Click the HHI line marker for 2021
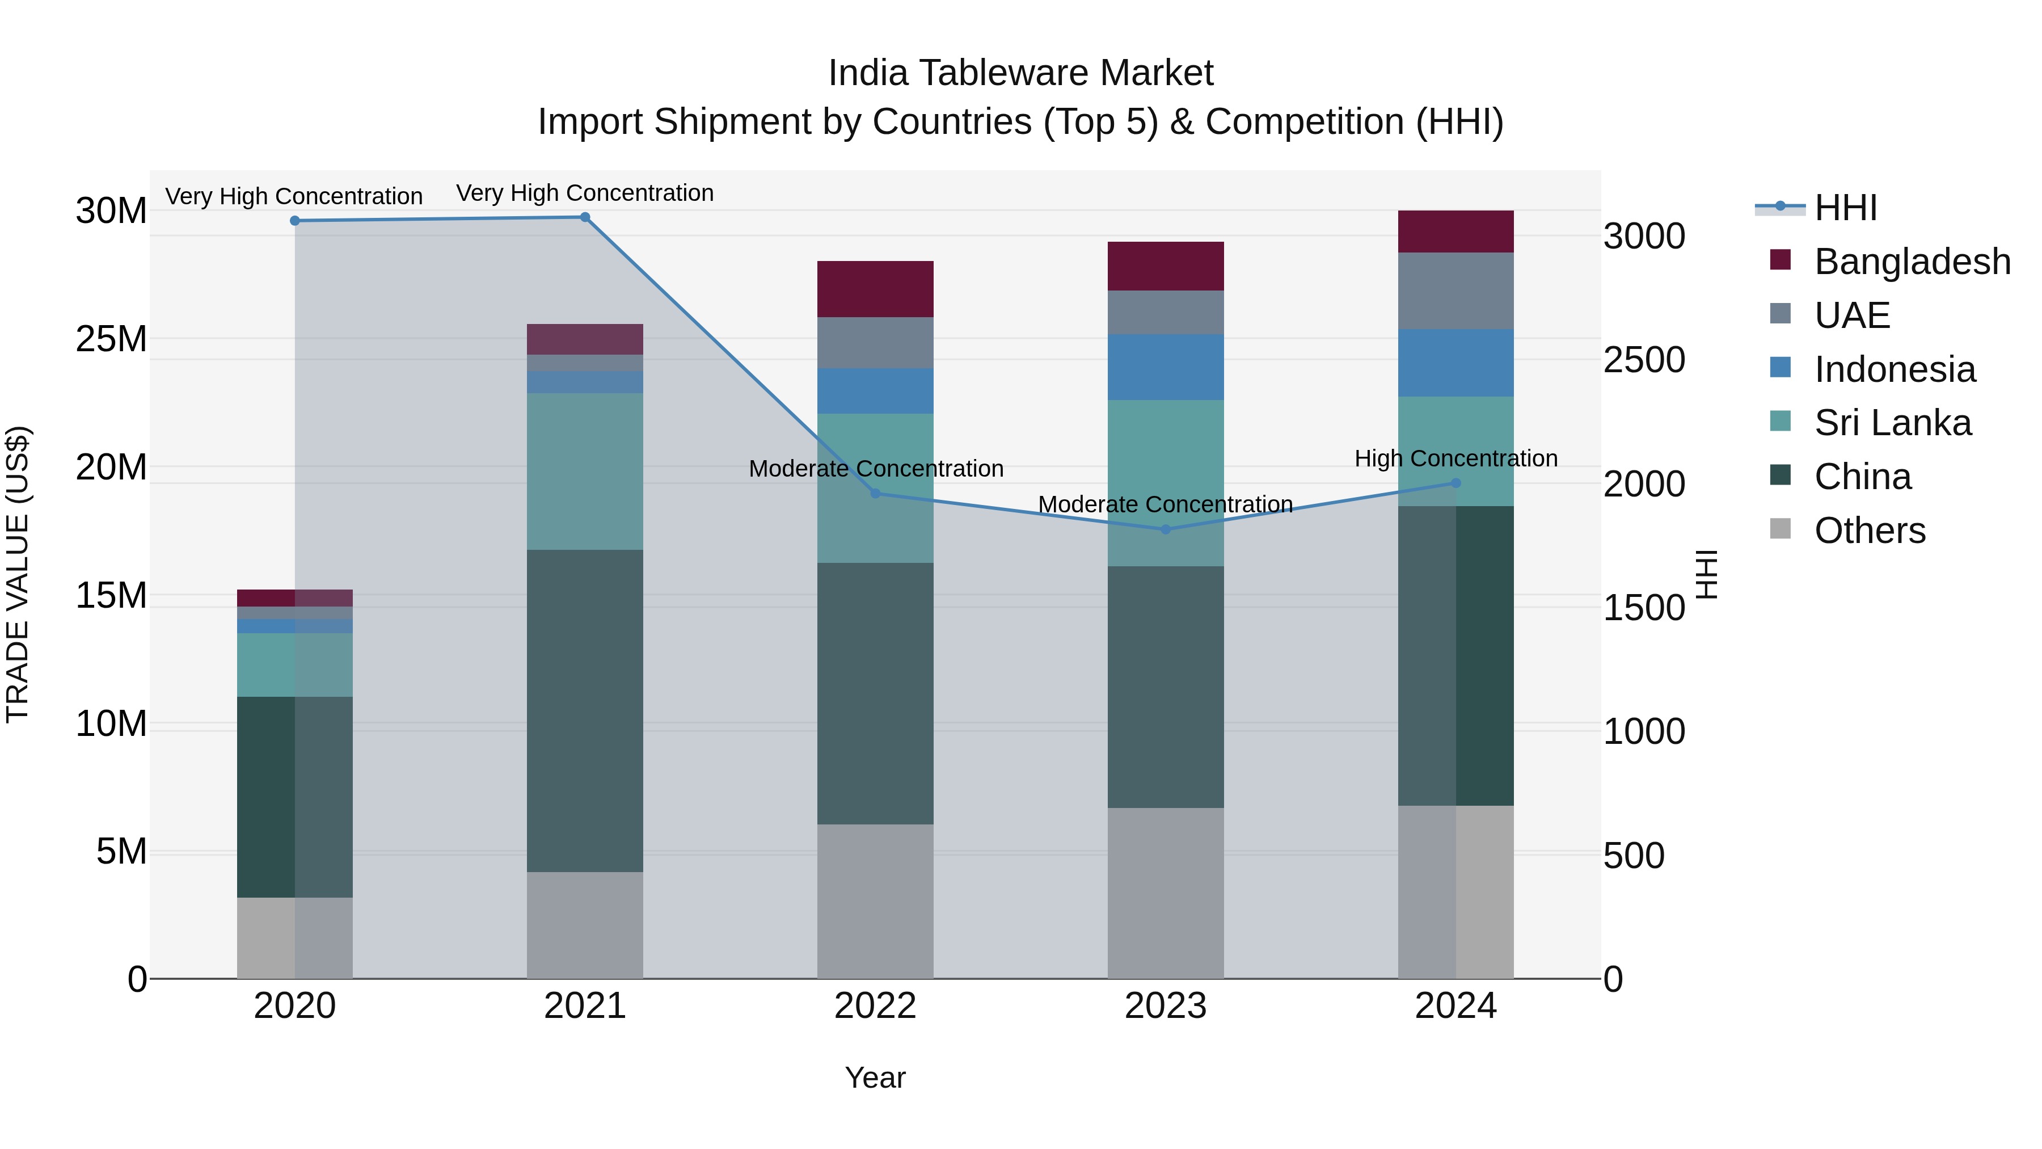pos(585,217)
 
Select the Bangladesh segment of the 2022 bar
pos(875,289)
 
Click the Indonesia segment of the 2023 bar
pos(1165,367)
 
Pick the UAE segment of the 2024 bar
pos(1455,291)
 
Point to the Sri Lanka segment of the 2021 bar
pos(585,472)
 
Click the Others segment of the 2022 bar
pos(875,902)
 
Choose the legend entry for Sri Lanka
pos(1892,423)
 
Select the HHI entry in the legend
pos(1845,208)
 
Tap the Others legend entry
pos(1869,531)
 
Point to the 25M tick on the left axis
pos(111,339)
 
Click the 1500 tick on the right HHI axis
pos(1643,608)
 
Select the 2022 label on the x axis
pos(875,1006)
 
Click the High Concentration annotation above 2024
pos(1455,458)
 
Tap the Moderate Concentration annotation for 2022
pos(875,469)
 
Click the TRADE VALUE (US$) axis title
pos(18,574)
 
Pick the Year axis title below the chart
pos(875,1078)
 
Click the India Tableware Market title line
pos(1020,73)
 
